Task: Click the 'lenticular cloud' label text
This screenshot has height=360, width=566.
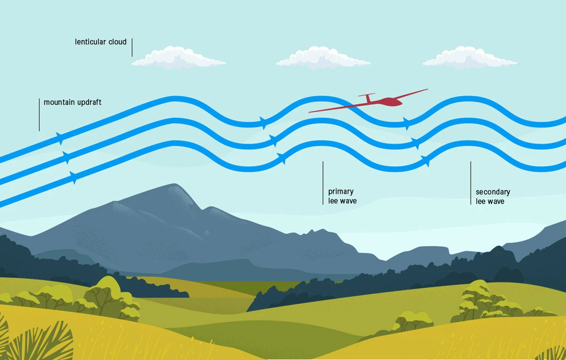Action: (x=100, y=42)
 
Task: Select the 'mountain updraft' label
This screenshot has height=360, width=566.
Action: (x=73, y=102)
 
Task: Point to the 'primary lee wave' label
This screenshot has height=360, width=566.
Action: (x=342, y=196)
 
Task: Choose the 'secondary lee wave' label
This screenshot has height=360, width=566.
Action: (x=493, y=197)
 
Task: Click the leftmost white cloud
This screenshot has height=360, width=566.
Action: (x=178, y=58)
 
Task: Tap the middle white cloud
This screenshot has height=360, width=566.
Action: (x=323, y=58)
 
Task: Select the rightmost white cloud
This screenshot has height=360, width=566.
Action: (x=470, y=58)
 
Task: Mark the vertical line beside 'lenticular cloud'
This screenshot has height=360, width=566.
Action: (x=132, y=47)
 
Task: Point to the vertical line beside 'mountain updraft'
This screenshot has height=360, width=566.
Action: (x=39, y=115)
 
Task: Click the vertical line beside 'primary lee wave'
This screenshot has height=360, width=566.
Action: (x=323, y=183)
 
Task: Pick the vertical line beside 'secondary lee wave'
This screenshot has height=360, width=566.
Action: (x=471, y=183)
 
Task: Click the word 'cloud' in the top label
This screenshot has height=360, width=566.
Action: (x=117, y=42)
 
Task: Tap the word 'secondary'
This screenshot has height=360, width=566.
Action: (x=493, y=192)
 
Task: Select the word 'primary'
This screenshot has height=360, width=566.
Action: (x=341, y=192)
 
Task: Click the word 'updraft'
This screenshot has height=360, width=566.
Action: (x=89, y=102)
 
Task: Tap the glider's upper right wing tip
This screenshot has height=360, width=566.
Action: (x=427, y=89)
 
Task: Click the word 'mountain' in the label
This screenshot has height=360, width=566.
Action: (x=59, y=102)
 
